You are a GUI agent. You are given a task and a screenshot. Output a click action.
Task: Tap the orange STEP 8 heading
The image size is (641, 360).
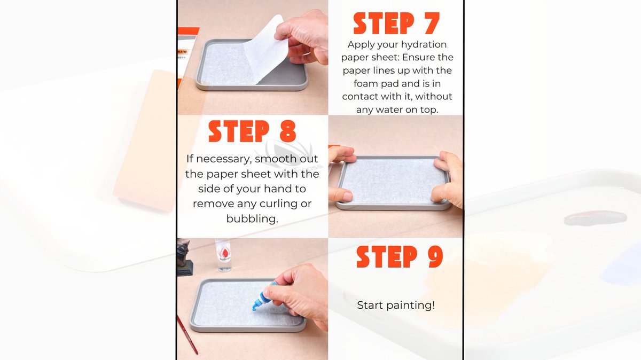(252, 131)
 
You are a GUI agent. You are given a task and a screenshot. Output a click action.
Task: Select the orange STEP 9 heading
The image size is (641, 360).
(400, 257)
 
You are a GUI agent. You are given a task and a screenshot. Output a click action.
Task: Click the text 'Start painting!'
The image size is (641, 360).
(396, 306)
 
